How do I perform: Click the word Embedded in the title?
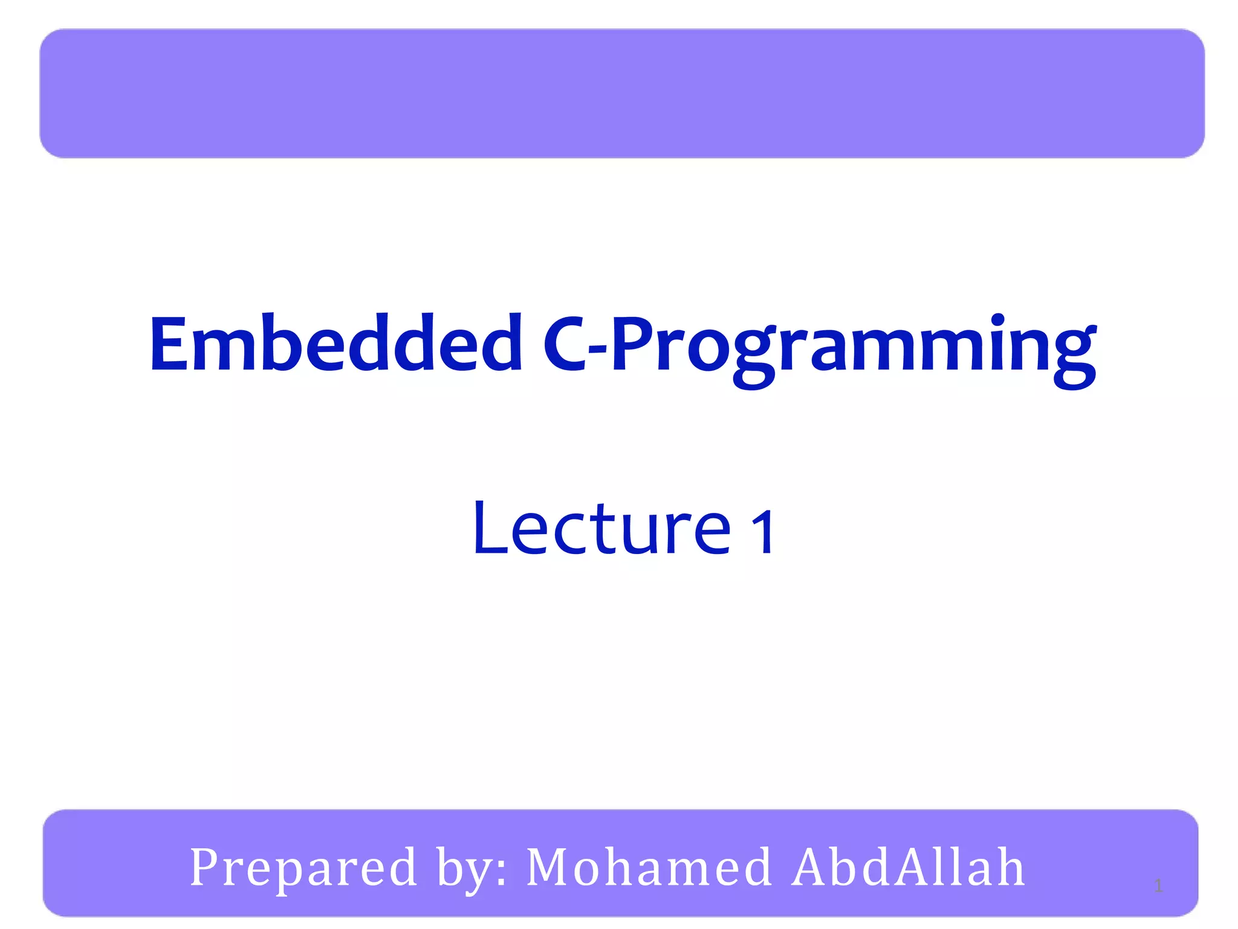click(335, 345)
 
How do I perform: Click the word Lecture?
click(601, 529)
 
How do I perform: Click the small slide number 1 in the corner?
click(1158, 887)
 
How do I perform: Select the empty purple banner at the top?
click(621, 94)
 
